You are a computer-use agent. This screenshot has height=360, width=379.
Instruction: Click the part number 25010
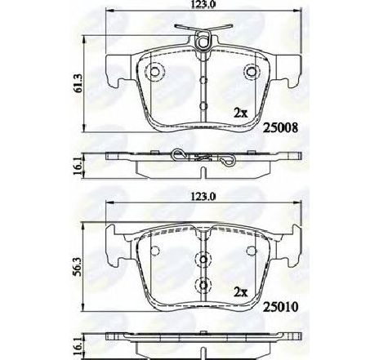[280, 309]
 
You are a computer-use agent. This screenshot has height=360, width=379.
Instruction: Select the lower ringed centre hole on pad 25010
[202, 285]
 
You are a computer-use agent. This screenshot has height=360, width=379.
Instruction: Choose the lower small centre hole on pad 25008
[202, 104]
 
